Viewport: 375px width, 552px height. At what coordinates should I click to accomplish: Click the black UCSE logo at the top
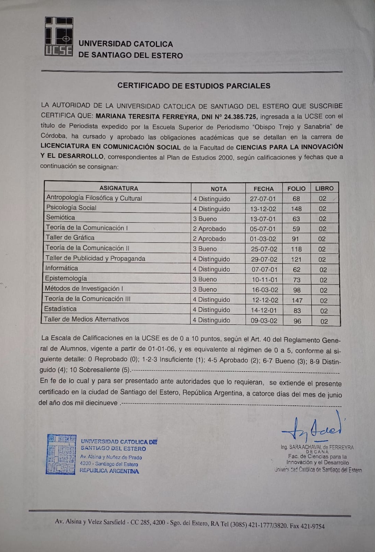click(x=59, y=37)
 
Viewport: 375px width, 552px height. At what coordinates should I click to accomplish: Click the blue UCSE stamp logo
click(x=61, y=454)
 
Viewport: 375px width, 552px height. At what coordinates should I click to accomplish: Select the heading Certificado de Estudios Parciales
click(x=194, y=86)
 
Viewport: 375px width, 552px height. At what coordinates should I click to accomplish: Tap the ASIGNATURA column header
click(x=119, y=188)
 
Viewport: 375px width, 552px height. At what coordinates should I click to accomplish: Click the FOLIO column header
click(x=296, y=189)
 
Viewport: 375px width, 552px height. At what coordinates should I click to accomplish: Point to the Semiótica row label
click(x=61, y=217)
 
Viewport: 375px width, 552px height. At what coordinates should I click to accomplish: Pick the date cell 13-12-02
click(x=263, y=209)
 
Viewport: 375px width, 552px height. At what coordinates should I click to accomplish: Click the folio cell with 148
click(x=296, y=209)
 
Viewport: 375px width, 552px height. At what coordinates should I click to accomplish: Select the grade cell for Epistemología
click(x=205, y=279)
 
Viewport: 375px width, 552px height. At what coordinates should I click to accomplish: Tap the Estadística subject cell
click(x=60, y=309)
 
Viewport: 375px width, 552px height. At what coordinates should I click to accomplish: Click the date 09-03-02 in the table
click(x=264, y=321)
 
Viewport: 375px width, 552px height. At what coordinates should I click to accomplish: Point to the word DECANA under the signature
click(x=317, y=452)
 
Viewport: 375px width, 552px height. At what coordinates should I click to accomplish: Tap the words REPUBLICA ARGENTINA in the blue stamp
click(x=109, y=471)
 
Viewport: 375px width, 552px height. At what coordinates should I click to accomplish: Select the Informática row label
click(x=62, y=268)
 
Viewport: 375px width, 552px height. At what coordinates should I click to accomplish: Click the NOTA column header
click(x=219, y=189)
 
